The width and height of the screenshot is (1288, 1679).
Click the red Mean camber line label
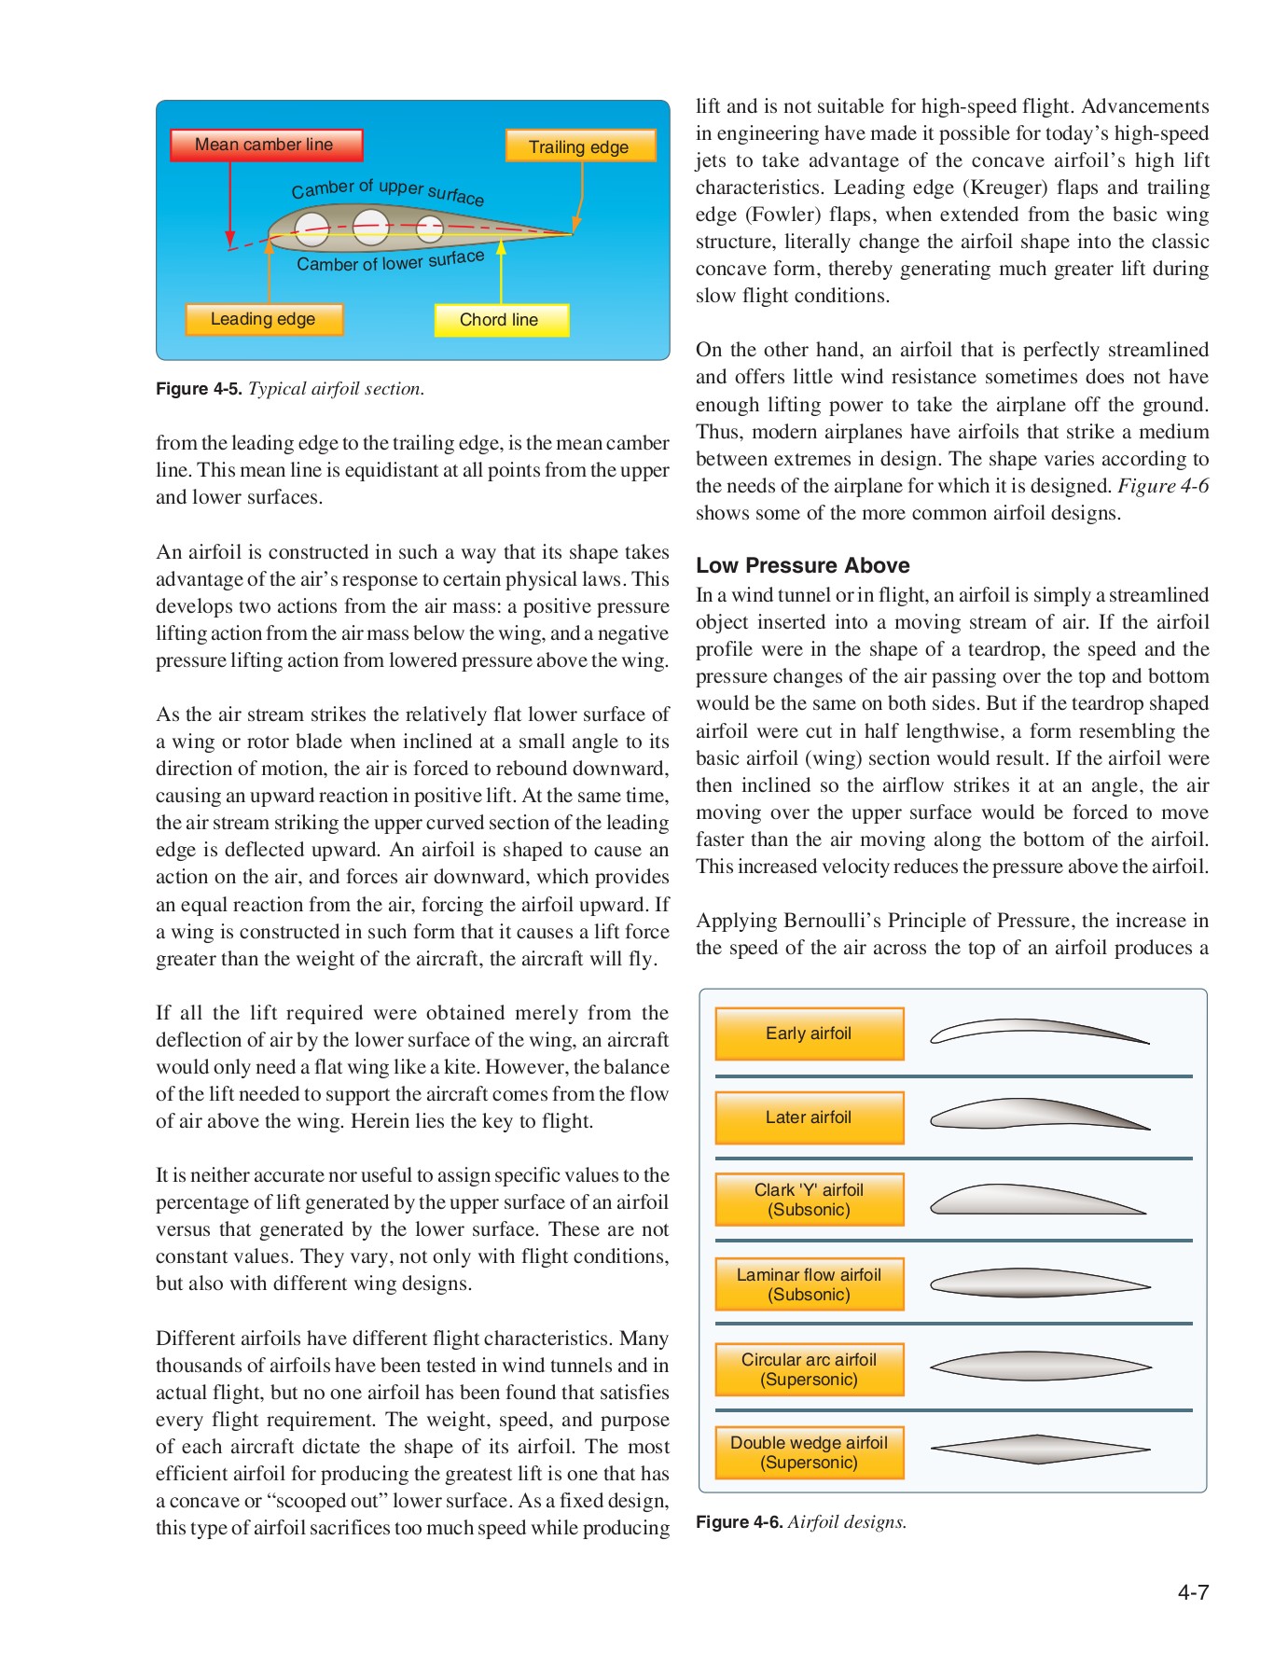(266, 146)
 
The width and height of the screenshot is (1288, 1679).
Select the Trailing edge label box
(580, 146)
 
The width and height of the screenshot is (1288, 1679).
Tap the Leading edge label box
(264, 319)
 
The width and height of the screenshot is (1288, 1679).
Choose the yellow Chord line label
(501, 320)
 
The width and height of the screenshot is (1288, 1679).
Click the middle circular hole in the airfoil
(370, 227)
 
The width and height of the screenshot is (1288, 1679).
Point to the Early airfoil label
(809, 1034)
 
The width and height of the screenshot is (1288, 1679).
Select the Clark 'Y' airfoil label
(809, 1200)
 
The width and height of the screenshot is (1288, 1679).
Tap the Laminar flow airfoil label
(809, 1284)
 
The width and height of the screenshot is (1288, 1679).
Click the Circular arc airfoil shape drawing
(1040, 1367)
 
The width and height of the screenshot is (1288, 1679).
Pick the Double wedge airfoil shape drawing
(1040, 1449)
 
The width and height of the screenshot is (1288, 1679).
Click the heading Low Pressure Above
(802, 565)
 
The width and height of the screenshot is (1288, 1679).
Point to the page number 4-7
(1192, 1592)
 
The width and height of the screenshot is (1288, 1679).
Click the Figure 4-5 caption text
(290, 389)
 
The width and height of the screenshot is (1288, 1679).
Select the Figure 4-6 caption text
(801, 1522)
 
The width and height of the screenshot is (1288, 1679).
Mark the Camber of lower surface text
(390, 261)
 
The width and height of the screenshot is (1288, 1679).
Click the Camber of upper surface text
(387, 190)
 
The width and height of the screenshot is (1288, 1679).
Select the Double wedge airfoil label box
(809, 1452)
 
